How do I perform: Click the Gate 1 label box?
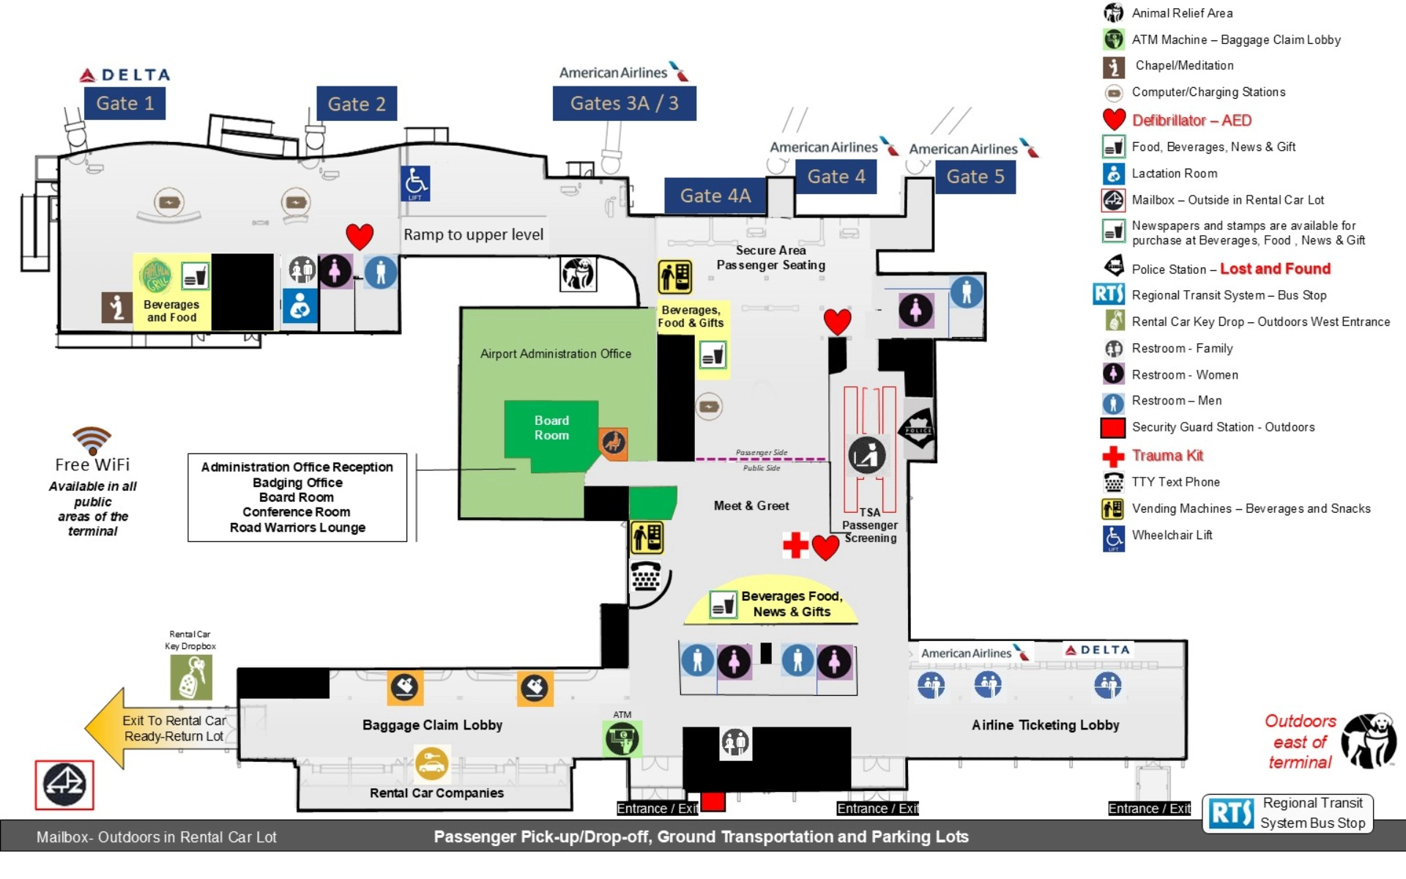[124, 103]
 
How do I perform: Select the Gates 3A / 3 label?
[624, 103]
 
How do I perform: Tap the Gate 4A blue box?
[715, 196]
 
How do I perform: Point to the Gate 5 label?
[975, 177]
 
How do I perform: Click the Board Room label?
[551, 428]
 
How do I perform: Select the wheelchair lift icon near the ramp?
[415, 183]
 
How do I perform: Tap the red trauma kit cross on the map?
[795, 545]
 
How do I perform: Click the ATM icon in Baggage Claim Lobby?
[622, 738]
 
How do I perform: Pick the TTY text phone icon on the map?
[646, 576]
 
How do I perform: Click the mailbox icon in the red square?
[64, 785]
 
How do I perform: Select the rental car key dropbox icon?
[191, 678]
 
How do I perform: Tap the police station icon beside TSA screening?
[918, 429]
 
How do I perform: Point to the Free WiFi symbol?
[92, 440]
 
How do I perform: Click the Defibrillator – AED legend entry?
[1191, 120]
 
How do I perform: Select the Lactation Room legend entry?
[1174, 174]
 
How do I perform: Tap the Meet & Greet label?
[751, 505]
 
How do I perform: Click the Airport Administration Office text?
[555, 354]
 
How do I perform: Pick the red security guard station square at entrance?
[713, 801]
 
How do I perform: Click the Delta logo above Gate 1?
[125, 75]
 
